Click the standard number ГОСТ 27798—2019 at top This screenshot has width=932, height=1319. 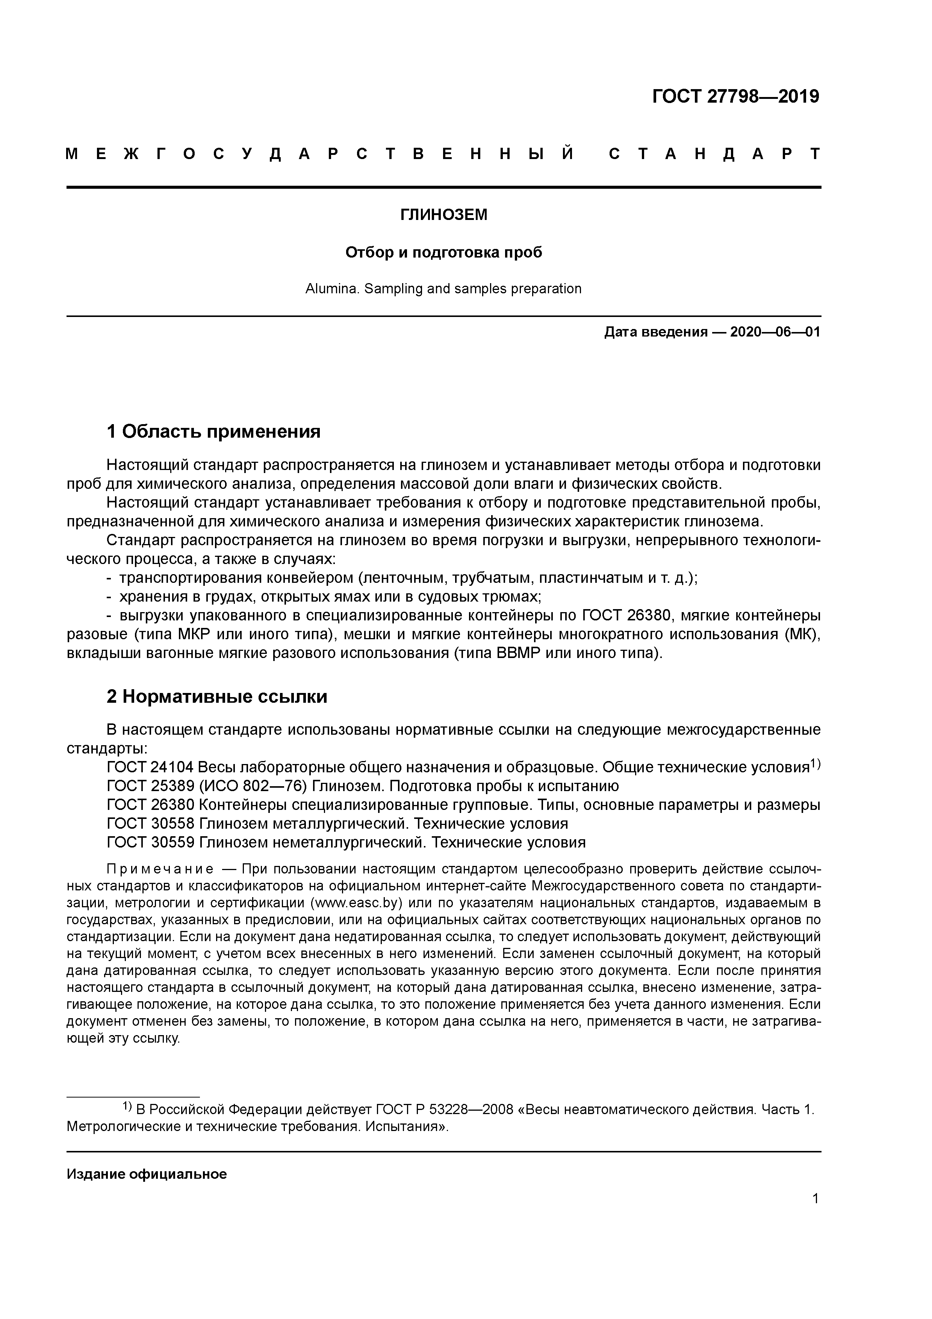tap(735, 97)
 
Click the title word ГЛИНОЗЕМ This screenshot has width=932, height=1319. tap(443, 215)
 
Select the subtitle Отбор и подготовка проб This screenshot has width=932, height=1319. tap(443, 252)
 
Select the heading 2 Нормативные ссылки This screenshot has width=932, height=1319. tap(217, 696)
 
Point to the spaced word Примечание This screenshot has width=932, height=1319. tap(160, 869)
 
